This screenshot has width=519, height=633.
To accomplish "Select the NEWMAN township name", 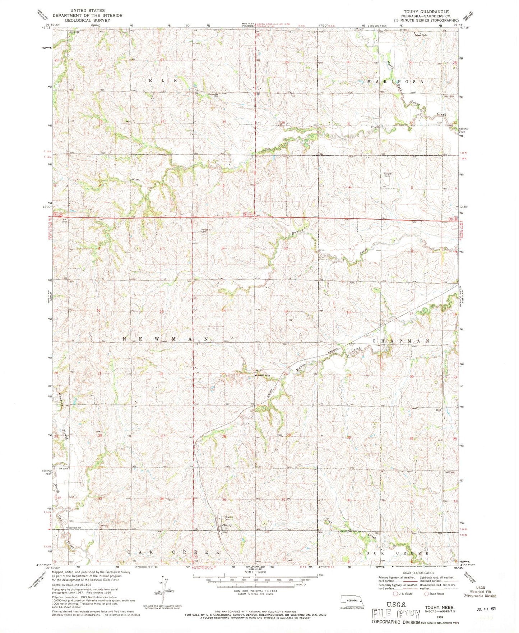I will point(166,339).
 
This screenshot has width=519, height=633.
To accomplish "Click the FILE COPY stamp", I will point(396,613).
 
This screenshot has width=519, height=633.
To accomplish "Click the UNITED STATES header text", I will point(88,11).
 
